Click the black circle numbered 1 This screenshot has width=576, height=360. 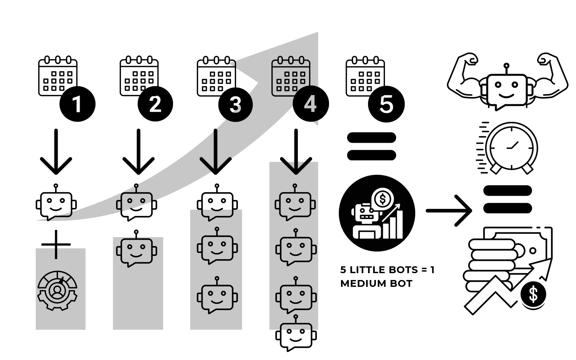tap(77, 104)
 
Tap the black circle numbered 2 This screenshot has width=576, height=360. tap(155, 104)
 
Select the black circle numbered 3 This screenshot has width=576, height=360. tap(235, 105)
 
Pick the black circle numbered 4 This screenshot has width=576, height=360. tap(310, 104)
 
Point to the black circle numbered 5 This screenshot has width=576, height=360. tap(386, 105)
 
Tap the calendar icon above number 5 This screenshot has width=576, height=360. tap(365, 76)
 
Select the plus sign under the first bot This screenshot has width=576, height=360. tap(56, 244)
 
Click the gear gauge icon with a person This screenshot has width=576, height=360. tap(57, 290)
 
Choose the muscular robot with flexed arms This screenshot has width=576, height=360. tap(507, 82)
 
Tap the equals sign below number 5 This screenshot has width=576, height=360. tap(371, 146)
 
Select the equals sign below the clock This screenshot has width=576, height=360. tap(508, 199)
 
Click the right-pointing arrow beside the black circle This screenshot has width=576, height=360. tap(449, 210)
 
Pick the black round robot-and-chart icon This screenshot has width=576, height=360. tap(377, 213)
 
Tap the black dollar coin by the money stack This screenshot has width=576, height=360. tap(533, 294)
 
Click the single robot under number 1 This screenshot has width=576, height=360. tap(56, 203)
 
